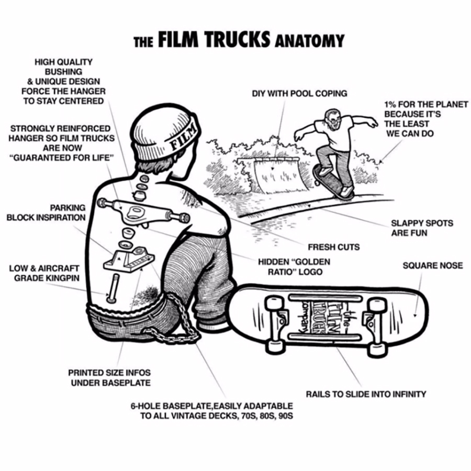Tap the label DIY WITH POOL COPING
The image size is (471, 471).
click(299, 94)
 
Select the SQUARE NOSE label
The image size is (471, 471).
click(432, 266)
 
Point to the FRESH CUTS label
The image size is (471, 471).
click(333, 246)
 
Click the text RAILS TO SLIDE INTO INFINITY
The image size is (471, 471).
click(366, 394)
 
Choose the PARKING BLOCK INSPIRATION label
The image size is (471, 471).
click(46, 212)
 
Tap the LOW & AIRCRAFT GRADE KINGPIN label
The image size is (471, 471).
click(44, 273)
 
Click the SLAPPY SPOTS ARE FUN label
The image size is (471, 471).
click(422, 228)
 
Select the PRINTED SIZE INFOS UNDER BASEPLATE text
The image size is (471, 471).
click(109, 378)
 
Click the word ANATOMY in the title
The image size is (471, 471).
click(309, 40)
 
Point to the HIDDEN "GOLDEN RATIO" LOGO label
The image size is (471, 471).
click(294, 266)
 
